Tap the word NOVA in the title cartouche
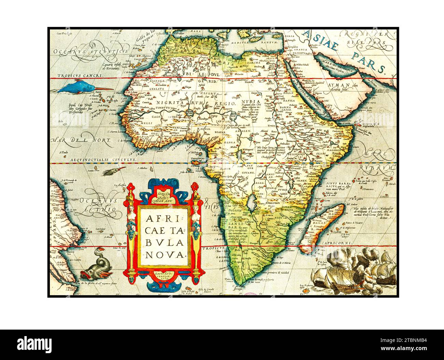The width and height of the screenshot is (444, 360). tap(164, 254)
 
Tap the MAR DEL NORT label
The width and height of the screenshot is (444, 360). tap(81, 140)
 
